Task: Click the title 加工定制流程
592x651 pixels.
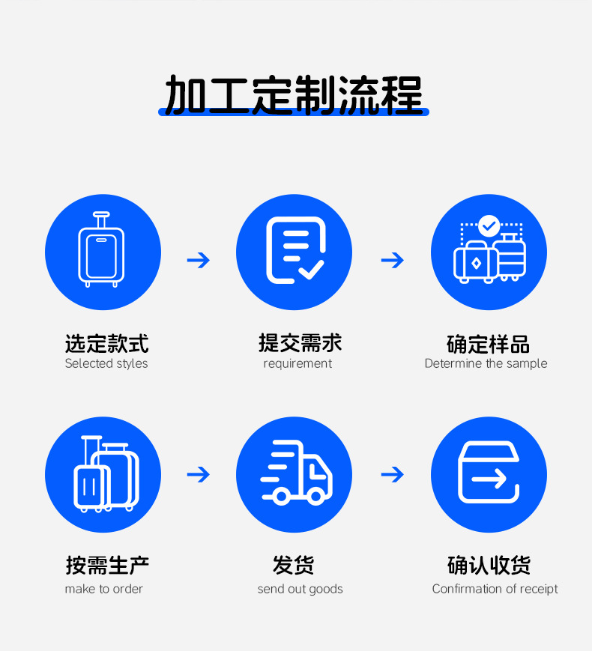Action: point(294,94)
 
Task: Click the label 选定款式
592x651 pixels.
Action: point(106,344)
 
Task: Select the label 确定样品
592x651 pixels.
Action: point(488,345)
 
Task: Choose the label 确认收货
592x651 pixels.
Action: point(489,566)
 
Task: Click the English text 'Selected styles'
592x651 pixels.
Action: point(106,364)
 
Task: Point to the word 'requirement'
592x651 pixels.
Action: point(297,364)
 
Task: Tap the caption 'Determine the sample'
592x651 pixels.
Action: point(486,364)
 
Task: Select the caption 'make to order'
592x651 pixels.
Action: point(103,589)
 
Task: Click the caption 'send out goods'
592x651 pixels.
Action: point(300,589)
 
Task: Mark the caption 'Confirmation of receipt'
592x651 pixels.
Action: point(495,589)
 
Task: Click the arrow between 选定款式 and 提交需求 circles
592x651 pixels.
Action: point(199,260)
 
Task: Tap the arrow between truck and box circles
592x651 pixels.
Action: point(392,474)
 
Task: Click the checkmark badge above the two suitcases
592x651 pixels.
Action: point(489,225)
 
